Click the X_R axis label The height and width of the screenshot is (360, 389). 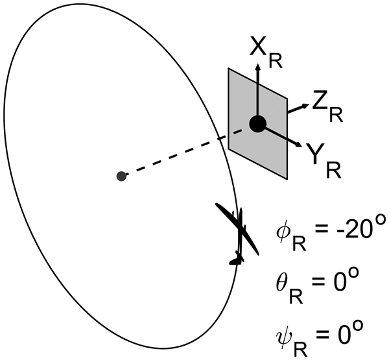266,53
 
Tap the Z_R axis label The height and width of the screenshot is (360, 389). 327,106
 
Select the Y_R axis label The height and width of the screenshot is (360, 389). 324,161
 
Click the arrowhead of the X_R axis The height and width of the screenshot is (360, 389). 258,67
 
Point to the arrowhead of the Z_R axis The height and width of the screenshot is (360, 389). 305,106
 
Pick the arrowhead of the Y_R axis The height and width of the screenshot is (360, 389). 298,144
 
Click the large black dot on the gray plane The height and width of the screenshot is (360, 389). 258,124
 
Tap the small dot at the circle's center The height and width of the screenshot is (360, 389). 121,176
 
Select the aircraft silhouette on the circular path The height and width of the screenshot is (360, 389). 238,234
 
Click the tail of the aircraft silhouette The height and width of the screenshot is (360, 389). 237,259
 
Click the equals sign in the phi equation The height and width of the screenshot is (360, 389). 322,230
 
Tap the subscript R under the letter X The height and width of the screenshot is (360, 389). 276,61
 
